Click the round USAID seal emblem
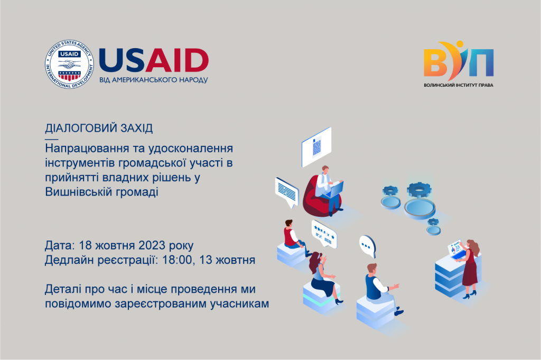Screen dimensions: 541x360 [69, 64]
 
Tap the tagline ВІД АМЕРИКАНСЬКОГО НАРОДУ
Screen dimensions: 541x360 [154, 80]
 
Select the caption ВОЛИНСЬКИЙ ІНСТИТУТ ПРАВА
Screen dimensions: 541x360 [459, 85]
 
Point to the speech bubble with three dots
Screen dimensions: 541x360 [368, 246]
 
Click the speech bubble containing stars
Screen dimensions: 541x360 [324, 234]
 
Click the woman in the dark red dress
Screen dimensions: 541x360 [470, 268]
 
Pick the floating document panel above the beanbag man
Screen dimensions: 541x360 [316, 147]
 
